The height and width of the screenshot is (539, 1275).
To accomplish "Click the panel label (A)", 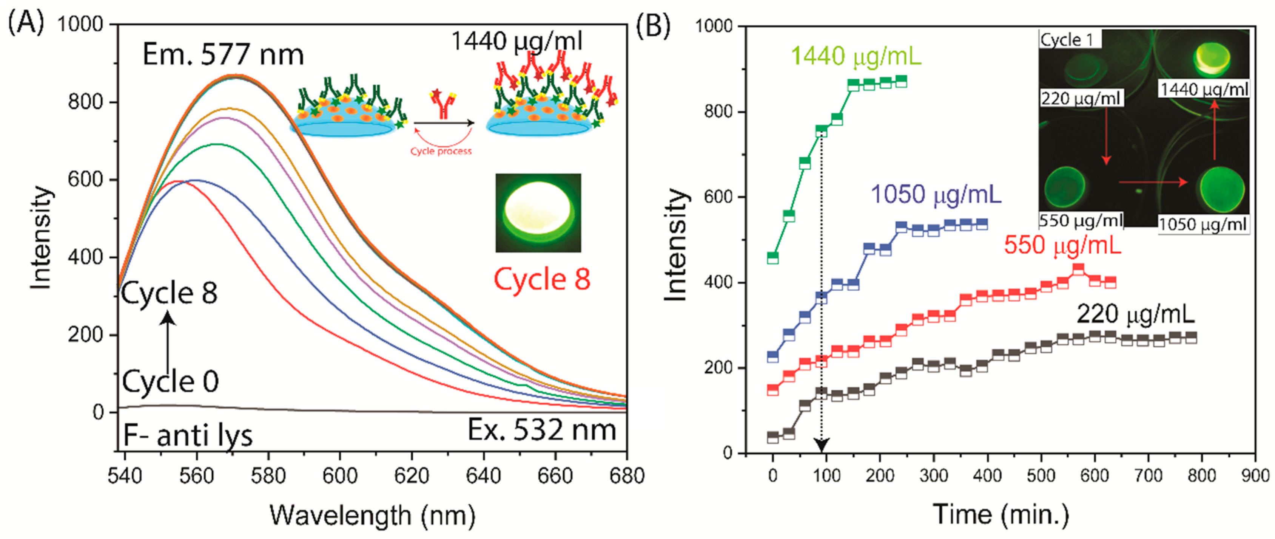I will (x=26, y=23).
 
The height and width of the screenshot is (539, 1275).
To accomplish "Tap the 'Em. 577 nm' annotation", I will (x=223, y=55).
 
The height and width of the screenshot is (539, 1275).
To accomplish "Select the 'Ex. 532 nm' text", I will (x=541, y=430).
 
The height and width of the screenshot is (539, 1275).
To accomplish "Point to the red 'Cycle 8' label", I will (x=542, y=279).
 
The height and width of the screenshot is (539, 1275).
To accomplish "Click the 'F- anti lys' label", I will (x=188, y=436).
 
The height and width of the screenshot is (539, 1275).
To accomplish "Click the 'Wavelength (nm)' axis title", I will (x=372, y=515).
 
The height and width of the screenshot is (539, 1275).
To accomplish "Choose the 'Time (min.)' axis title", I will (x=1001, y=514).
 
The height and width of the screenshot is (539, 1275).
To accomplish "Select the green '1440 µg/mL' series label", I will (x=856, y=56).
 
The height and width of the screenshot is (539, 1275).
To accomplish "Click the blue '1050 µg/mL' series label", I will (x=936, y=194).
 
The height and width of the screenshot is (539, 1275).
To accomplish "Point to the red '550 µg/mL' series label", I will (x=1062, y=245).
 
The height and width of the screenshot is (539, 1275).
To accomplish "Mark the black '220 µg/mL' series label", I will (x=1135, y=314).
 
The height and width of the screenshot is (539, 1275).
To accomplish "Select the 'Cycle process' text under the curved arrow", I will (x=441, y=151).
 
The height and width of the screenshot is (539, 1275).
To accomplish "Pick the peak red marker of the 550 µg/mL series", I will (x=1078, y=269).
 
